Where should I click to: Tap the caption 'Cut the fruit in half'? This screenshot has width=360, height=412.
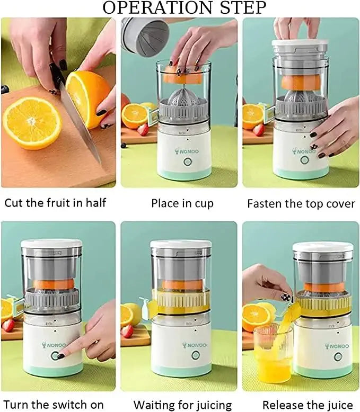coord(56,203)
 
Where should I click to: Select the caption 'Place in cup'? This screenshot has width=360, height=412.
coord(182,203)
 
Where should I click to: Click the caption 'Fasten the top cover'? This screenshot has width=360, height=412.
coord(301,203)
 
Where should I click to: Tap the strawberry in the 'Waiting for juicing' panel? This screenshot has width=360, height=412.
coord(127,331)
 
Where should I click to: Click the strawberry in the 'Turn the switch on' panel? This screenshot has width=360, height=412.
coord(8,325)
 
